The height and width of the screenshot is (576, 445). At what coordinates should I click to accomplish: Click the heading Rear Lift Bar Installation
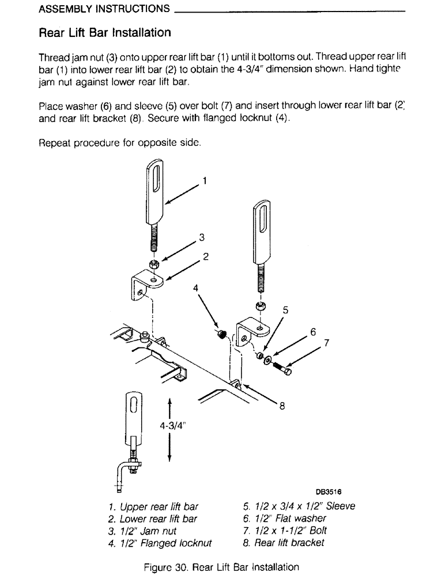tap(104, 33)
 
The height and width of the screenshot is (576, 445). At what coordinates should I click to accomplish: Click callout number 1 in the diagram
tap(205, 181)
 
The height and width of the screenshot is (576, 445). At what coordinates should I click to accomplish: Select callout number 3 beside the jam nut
tap(201, 237)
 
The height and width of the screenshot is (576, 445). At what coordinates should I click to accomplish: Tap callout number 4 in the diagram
tap(195, 287)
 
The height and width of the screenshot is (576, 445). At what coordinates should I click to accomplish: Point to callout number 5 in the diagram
tap(285, 310)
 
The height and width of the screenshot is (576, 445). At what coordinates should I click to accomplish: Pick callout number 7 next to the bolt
tap(326, 343)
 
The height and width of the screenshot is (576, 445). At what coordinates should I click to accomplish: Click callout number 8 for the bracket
tap(282, 406)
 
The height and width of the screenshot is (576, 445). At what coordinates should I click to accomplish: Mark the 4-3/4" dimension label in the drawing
tap(174, 426)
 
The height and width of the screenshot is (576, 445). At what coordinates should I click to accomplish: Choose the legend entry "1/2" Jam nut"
tap(142, 531)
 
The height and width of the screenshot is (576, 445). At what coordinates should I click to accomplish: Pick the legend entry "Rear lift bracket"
tap(284, 543)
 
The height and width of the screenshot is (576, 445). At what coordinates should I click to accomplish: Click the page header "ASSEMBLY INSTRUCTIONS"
tap(104, 9)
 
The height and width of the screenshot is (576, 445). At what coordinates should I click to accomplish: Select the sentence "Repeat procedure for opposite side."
tap(119, 143)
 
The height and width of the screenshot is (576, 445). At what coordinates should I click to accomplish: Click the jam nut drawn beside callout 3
tap(154, 265)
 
